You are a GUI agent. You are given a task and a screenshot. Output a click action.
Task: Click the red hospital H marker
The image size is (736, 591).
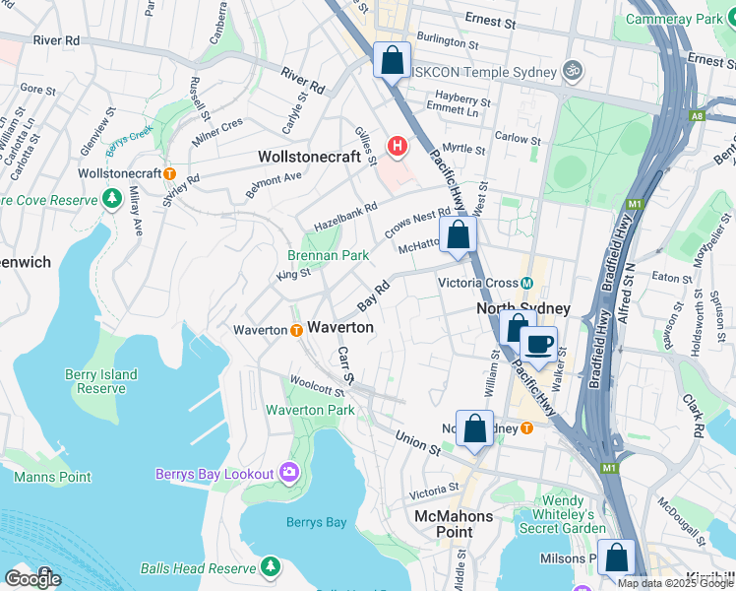[398, 148]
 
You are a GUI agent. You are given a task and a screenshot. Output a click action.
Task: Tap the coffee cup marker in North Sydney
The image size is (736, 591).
[537, 345]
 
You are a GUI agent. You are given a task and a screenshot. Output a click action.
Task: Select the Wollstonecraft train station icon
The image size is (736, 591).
[170, 173]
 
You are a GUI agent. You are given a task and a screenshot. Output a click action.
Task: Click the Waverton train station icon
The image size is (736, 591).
[296, 330]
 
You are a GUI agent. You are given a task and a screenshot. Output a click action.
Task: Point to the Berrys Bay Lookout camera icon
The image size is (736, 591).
[288, 474]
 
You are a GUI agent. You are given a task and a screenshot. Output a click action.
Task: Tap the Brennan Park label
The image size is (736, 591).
[329, 255]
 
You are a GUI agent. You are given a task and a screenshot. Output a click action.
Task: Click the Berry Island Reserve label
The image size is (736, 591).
[102, 381]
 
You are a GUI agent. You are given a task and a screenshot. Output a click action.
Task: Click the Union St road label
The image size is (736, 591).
[418, 442]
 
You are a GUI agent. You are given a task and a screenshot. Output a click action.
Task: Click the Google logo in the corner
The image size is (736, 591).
[32, 578]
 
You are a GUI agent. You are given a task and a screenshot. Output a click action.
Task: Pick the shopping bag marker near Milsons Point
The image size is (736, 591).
[616, 558]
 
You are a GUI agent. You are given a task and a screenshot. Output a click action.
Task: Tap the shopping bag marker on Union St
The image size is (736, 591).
[474, 428]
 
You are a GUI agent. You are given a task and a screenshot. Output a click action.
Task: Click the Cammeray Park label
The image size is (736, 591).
[673, 19]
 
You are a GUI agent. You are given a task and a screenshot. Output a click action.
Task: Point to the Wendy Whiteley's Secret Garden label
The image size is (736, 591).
[577, 513]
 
